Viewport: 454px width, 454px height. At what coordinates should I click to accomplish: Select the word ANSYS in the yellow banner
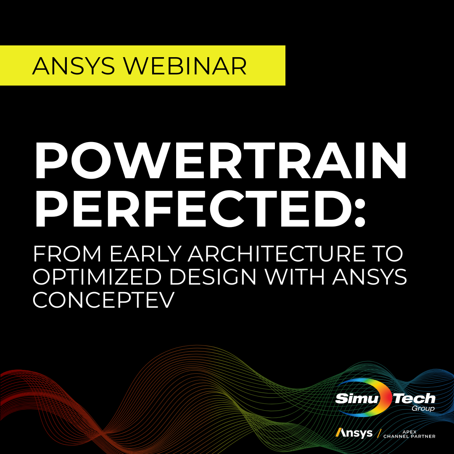tap(75, 66)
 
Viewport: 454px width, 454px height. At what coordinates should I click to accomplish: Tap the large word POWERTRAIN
tap(220, 161)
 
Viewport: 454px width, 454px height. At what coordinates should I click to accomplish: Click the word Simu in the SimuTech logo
tap(356, 398)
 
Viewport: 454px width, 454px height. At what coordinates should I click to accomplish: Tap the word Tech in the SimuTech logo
tap(414, 398)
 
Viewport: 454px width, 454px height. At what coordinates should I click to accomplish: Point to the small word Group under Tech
tap(425, 409)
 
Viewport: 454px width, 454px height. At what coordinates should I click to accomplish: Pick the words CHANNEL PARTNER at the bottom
tap(409, 436)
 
